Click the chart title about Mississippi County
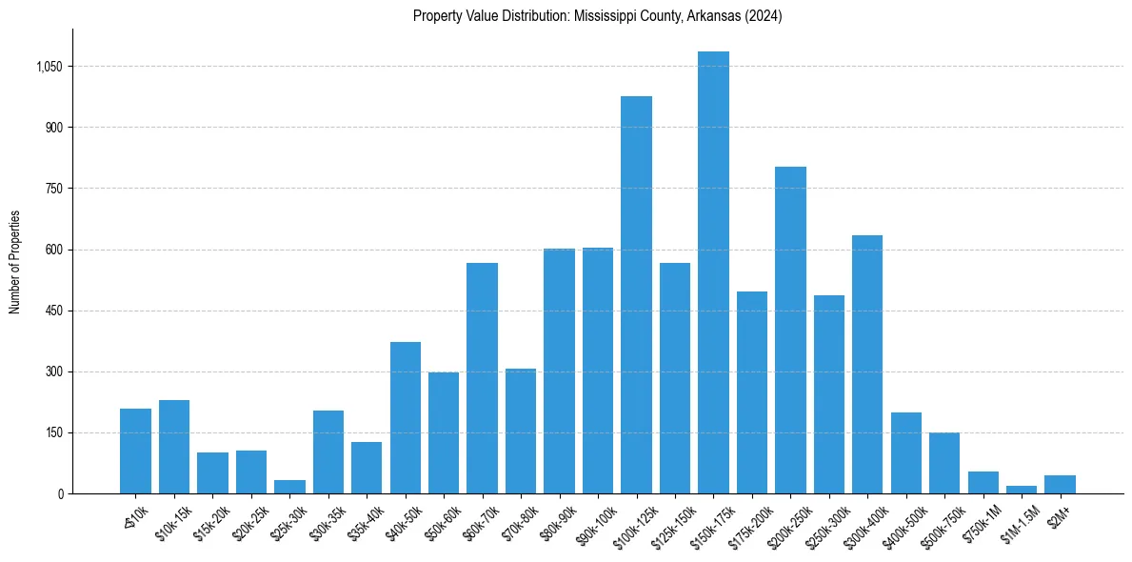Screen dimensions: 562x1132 (597, 16)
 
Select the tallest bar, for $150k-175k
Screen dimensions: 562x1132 (713, 272)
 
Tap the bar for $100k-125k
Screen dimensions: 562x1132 (636, 295)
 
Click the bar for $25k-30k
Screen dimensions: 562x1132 (289, 487)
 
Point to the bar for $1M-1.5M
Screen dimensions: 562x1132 (1022, 490)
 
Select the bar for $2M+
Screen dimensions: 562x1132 (1060, 484)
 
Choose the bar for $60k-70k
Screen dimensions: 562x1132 (482, 378)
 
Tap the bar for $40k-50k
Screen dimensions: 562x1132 (406, 418)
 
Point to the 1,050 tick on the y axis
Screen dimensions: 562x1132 (49, 67)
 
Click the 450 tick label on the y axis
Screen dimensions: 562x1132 (52, 311)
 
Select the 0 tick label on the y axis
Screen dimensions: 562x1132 (59, 493)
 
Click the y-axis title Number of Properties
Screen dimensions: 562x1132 (15, 262)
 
